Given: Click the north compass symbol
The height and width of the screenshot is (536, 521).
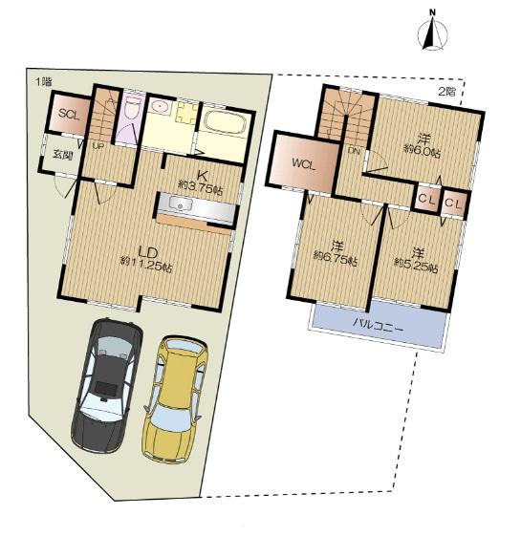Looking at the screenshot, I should click(432, 32).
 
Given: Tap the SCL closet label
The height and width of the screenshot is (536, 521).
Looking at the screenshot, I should click(68, 115).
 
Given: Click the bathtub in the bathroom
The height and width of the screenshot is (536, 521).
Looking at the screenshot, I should click(224, 124).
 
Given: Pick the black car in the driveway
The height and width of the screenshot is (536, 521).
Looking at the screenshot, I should click(106, 386).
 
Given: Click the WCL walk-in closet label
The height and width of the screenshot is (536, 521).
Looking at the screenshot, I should click(305, 162).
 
